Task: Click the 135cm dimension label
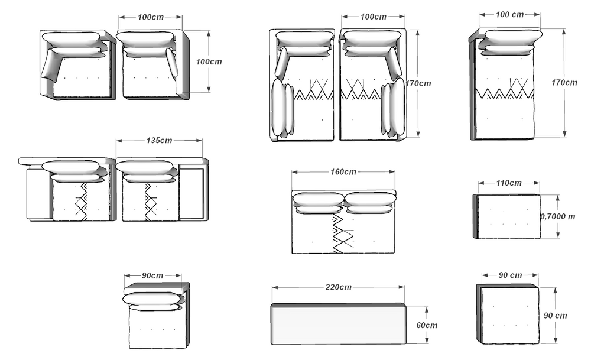(159, 141)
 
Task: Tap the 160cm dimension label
(343, 172)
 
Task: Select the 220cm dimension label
(338, 287)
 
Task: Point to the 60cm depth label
(426, 325)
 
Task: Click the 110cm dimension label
(508, 183)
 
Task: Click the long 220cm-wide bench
(338, 324)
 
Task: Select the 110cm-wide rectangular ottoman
(508, 217)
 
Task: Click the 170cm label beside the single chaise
(564, 83)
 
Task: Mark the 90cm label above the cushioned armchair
(152, 275)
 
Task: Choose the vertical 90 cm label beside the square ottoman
(555, 316)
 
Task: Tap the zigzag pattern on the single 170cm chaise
(506, 90)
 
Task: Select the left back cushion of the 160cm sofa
(319, 202)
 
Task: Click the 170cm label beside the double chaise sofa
(418, 83)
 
